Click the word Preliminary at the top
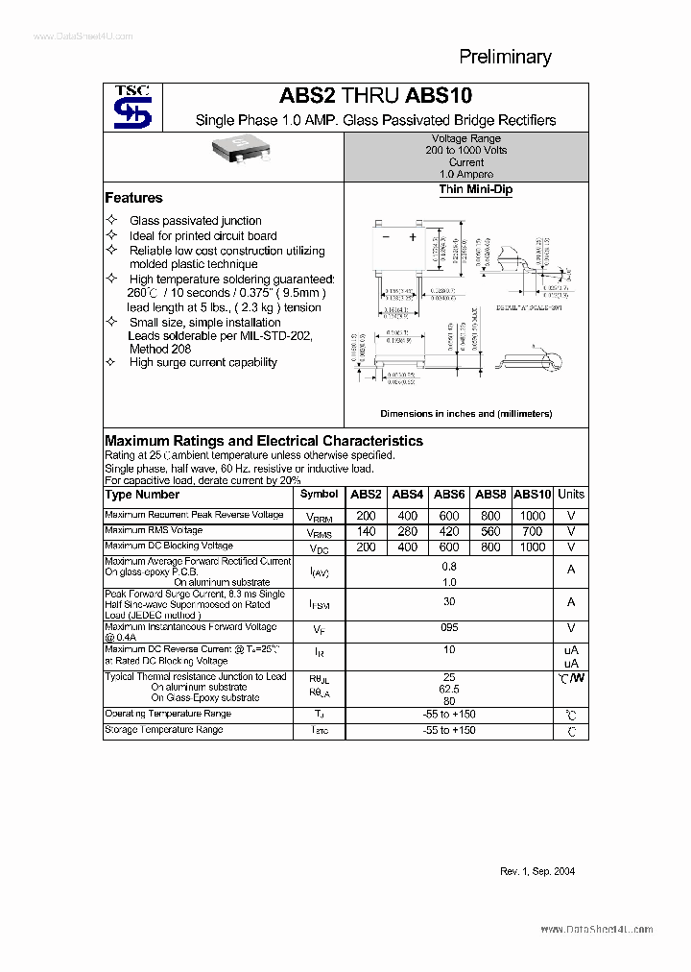coord(505,57)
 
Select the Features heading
coord(133,198)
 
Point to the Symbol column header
coord(319,495)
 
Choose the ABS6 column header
coord(449,495)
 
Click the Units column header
coord(571,495)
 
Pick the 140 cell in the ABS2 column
coord(366,531)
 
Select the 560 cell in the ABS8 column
coord(490,531)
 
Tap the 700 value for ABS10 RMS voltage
coord(533,531)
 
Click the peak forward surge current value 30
coord(449,601)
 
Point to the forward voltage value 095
coord(449,627)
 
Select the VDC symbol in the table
coord(319,548)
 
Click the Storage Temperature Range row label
coord(164,730)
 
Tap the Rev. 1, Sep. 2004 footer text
coord(537,871)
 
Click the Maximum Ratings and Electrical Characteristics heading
coord(263,441)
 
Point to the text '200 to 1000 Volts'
coord(466,151)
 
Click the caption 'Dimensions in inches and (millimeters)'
coord(465,414)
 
